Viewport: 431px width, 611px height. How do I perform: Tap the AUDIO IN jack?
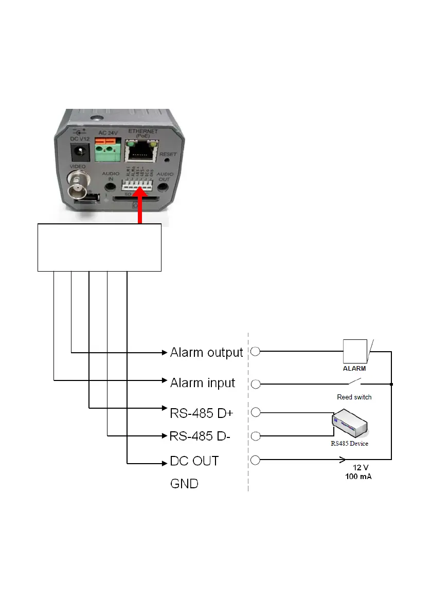[x=109, y=187]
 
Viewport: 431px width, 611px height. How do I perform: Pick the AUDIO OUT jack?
[x=164, y=187]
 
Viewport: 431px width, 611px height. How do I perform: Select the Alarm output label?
[x=206, y=353]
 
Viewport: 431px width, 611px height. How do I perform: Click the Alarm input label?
[x=203, y=383]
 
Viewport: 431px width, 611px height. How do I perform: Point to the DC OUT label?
[x=194, y=461]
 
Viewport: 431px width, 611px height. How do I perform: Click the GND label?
[x=184, y=484]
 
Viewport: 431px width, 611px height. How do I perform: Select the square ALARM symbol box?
[x=355, y=352]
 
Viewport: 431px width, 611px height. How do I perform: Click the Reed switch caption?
[x=354, y=397]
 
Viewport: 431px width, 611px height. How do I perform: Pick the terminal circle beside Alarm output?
[x=256, y=352]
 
